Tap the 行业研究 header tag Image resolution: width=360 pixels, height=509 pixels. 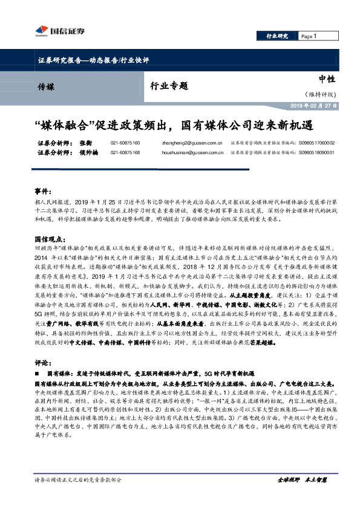tap(277, 37)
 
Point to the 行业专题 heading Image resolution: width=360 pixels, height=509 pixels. tap(169, 86)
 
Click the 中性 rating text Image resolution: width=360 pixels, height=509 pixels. tap(327, 80)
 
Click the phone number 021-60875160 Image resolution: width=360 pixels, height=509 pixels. tap(125, 143)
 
